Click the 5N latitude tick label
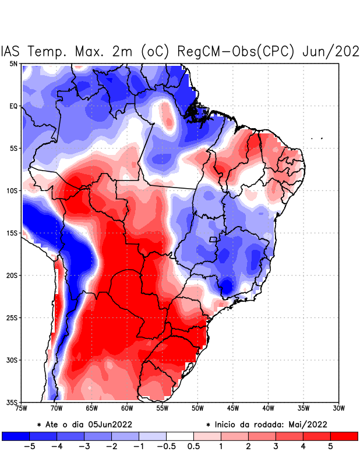[13, 63]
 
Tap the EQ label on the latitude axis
[13, 106]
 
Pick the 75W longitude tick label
[22, 408]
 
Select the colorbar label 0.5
[193, 447]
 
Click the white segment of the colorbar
[180, 436]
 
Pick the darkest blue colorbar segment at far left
[15, 436]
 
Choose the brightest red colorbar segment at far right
[344, 436]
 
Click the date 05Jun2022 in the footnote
[110, 424]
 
